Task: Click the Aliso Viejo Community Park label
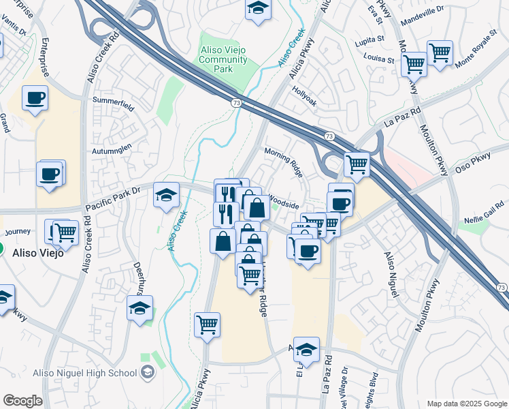223,60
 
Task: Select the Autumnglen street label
110,148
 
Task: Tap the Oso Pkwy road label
472,162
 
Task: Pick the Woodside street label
284,202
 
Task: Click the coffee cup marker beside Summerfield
35,97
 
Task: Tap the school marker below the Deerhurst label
139,308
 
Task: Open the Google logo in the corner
22,401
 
